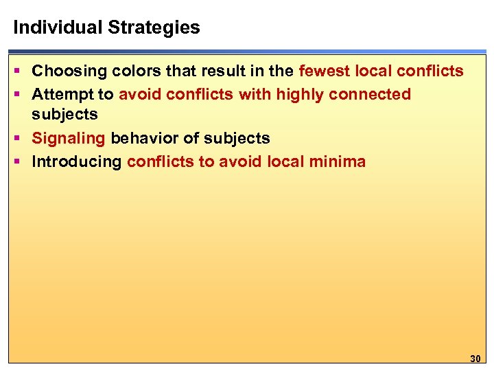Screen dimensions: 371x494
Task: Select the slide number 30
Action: pos(475,358)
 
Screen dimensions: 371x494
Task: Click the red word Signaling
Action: pos(69,138)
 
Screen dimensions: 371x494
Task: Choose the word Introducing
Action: pos(77,161)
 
